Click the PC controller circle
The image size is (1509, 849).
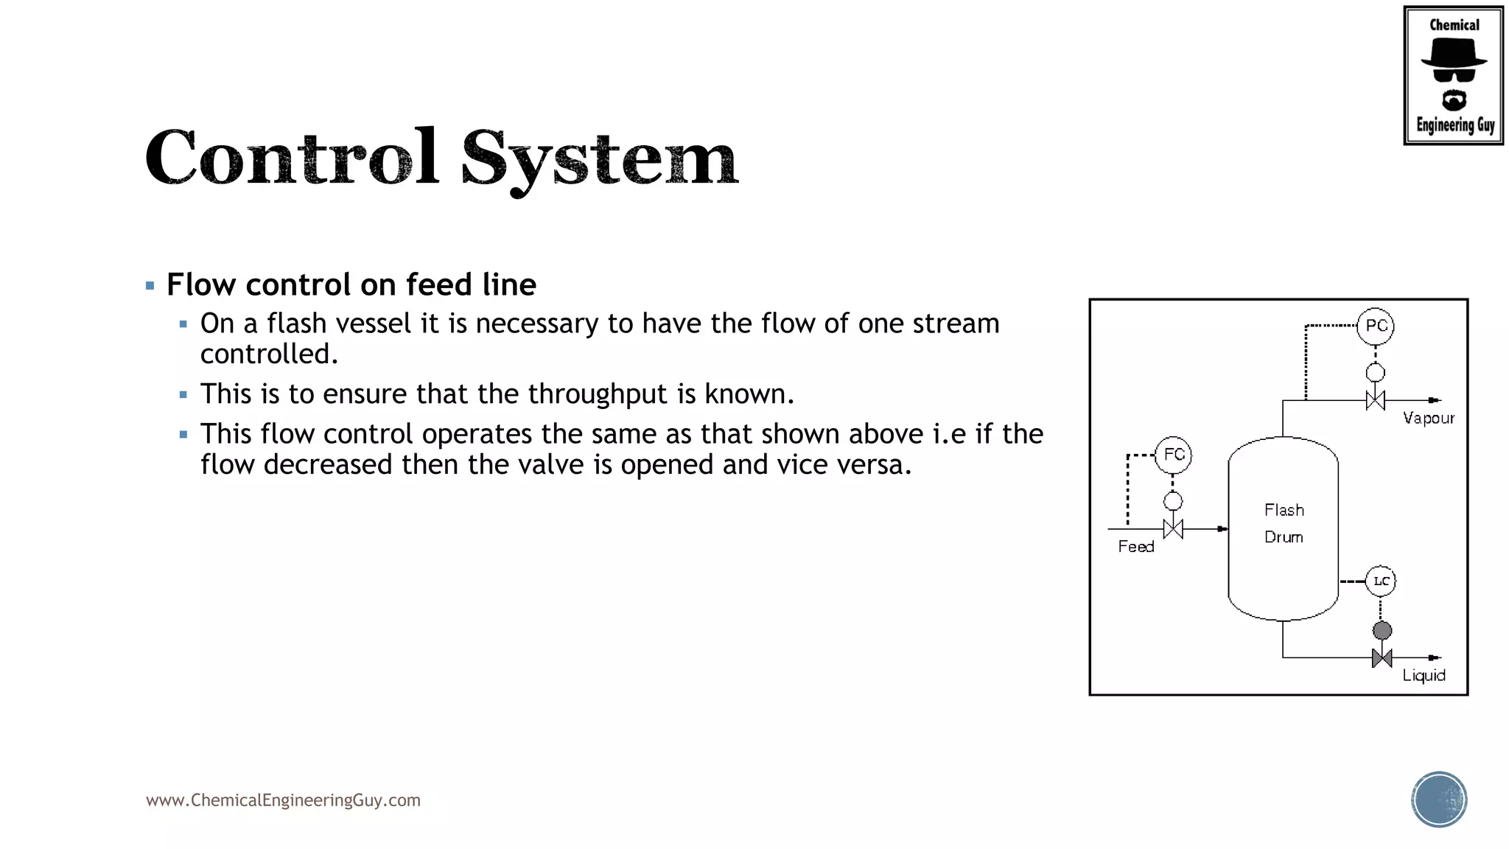1375,326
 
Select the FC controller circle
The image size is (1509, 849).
1173,455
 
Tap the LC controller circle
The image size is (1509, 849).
1381,581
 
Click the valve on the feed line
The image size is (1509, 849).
1173,529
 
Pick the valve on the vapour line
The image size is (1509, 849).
1375,400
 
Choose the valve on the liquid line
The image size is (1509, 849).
1382,657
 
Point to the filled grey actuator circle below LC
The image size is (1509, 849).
1382,630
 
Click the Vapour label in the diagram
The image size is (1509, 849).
1429,419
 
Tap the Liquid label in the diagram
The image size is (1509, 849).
1424,676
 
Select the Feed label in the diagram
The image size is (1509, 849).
1135,547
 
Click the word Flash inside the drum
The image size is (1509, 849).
1284,510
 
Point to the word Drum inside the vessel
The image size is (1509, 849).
1284,537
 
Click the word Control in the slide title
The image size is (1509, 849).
292,158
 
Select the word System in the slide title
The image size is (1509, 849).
599,159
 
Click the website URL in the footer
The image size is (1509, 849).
283,800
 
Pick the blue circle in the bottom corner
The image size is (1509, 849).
1439,800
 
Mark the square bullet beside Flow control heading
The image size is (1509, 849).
150,286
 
